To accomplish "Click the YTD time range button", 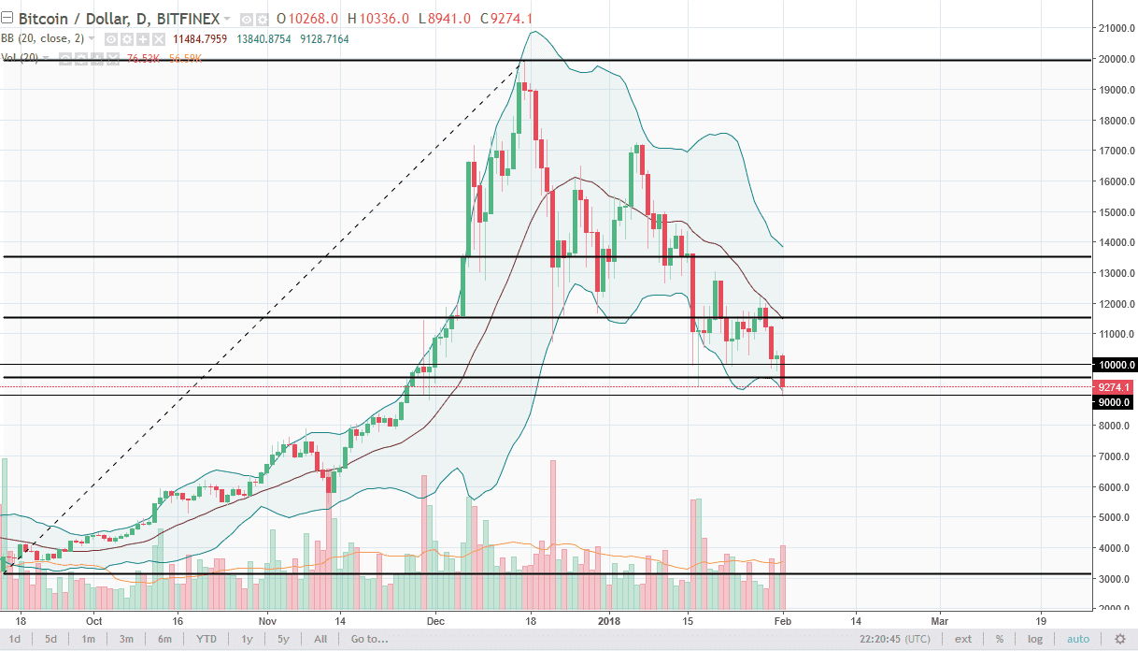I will click(x=206, y=639).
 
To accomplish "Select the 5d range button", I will click(x=50, y=639).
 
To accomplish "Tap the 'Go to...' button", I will click(x=369, y=639).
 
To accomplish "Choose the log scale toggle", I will click(x=1035, y=639).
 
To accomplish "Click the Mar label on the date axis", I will click(x=940, y=619).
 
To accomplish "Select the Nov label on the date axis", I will click(x=268, y=619).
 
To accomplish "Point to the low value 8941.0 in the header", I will click(x=442, y=18).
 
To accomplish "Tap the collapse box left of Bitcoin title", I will click(x=7, y=18).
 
